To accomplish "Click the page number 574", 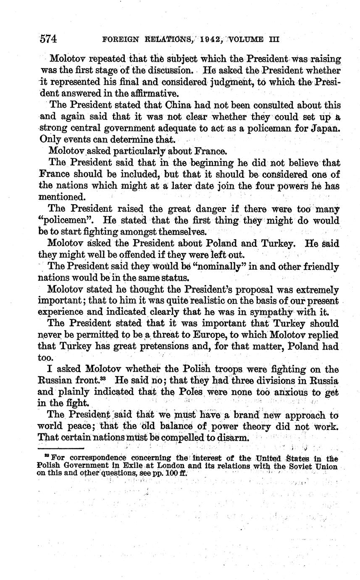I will point(48,39).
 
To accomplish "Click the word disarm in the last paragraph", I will point(233,438).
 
